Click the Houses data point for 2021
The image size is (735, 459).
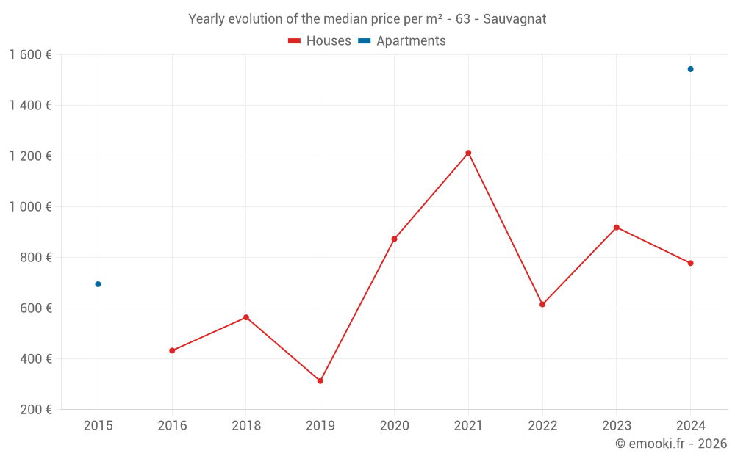[x=468, y=153]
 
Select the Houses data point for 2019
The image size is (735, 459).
[x=320, y=380]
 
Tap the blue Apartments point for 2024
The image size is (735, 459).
[x=690, y=69]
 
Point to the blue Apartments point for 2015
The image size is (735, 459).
[x=98, y=284]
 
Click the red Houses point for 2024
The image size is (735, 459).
[x=690, y=263]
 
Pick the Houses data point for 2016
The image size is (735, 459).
[x=172, y=350]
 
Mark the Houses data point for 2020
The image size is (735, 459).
[x=394, y=239]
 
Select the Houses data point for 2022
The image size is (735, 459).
[x=542, y=304]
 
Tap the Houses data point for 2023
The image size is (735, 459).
[x=616, y=227]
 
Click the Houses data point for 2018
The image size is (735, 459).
[x=246, y=317]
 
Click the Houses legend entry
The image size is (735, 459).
[x=320, y=41]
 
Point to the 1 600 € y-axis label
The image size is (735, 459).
[x=30, y=54]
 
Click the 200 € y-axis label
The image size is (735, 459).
[x=36, y=409]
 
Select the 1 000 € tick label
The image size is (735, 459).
[x=30, y=206]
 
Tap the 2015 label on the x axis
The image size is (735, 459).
[x=98, y=425]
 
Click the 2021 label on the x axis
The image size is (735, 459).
[x=468, y=425]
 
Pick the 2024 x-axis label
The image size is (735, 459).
[x=690, y=425]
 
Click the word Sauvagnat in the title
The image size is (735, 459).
[x=514, y=19]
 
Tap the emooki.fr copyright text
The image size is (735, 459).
[x=671, y=444]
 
